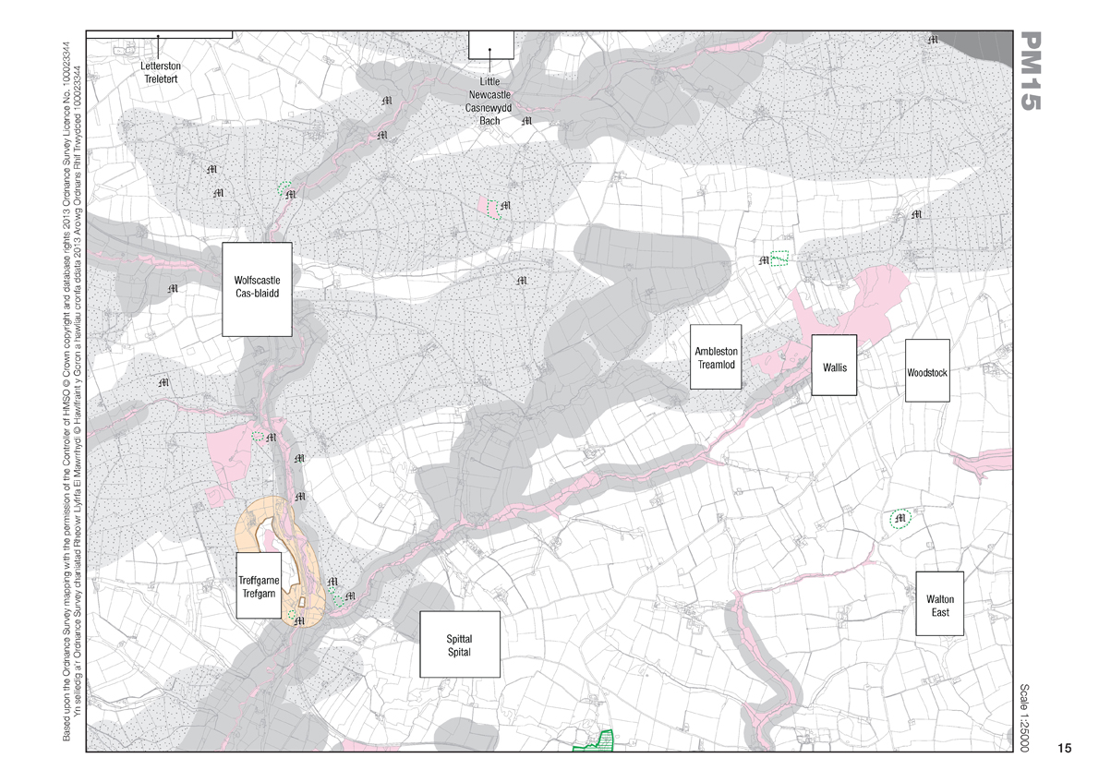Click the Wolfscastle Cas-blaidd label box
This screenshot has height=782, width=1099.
pos(257,288)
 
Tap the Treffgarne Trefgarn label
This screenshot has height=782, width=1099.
pos(258,584)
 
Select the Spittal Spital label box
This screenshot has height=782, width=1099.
pos(459,644)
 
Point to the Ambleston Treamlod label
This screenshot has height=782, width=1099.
pos(717,357)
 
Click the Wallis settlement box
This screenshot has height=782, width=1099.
pos(834,366)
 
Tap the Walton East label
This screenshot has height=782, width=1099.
pos(939,605)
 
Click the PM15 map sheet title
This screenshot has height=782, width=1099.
pos(1032,72)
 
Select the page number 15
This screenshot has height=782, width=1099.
pos(1064,748)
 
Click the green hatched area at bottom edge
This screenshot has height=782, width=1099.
pos(594,741)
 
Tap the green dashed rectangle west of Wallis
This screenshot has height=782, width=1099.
pos(780,259)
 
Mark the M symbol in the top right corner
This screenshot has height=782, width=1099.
pos(933,40)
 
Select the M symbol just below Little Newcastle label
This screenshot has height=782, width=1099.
pos(527,121)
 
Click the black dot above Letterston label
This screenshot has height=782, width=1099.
pos(158,37)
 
